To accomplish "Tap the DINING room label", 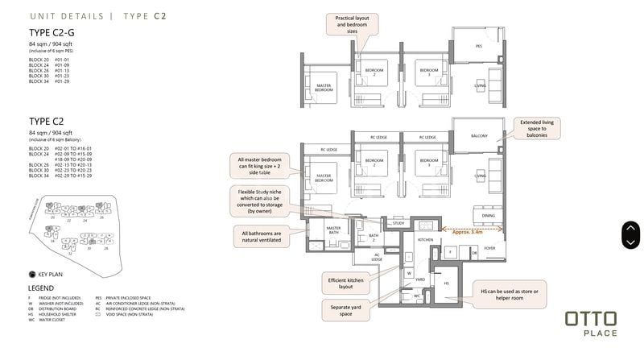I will coord(488,215).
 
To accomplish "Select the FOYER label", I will coord(489,249).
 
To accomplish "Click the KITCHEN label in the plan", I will coord(425,240).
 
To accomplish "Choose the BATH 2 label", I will coord(373,237).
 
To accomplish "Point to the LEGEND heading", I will coord(41,288).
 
